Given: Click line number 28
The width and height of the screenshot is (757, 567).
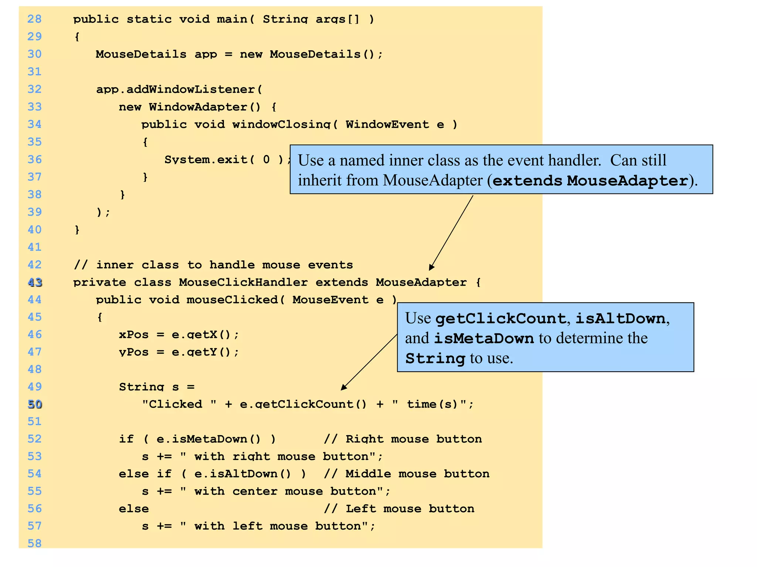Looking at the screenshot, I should point(34,19).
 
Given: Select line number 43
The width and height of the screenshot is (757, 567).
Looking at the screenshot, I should point(35,282).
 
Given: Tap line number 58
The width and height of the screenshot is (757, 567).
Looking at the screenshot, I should point(34,543).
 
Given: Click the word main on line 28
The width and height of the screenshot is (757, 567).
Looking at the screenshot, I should point(232,19).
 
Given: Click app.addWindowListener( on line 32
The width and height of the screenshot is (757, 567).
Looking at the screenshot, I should point(179,89).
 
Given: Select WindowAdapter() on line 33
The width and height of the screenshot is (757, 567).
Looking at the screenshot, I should point(205,107).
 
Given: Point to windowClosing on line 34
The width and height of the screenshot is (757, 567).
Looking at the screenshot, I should point(281,124).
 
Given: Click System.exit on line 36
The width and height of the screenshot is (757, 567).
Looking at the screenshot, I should point(206,159).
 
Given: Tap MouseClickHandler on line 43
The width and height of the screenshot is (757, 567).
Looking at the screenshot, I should point(243,282).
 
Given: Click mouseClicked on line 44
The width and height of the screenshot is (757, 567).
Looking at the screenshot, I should point(232,300).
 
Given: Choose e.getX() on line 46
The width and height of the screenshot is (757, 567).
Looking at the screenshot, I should point(201,335).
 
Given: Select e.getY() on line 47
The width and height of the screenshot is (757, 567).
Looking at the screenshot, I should point(201,352).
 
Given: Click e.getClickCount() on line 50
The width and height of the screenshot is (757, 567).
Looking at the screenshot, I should point(303,404).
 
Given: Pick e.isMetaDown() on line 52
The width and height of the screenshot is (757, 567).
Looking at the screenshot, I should point(209,439).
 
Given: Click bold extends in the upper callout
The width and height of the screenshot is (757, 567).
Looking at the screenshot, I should point(527,181).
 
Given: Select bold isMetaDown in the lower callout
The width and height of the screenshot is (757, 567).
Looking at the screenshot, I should point(483,339).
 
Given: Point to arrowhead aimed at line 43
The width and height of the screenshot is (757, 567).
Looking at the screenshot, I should point(431,267).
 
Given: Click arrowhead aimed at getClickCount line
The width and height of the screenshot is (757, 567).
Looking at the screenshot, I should point(343,387).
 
